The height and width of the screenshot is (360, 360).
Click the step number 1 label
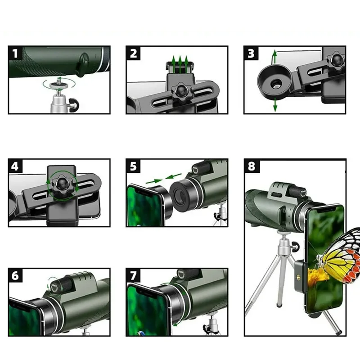pos(15,53)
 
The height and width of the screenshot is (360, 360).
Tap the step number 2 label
pos(133,53)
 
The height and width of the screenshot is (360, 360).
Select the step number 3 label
pos(251,53)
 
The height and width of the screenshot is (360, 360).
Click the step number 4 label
pos(15,166)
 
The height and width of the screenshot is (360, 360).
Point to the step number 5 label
pos(133,166)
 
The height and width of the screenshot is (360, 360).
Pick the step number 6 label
pos(15,275)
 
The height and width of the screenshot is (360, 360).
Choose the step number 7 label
pos(133,275)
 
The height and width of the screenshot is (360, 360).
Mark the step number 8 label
pos(252,166)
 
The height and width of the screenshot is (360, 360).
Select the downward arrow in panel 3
pos(275,105)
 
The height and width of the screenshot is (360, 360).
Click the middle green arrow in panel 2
pos(180,64)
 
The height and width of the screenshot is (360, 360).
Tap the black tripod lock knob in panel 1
pos(73,105)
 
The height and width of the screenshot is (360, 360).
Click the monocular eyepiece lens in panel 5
pos(180,196)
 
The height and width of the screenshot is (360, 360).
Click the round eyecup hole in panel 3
pos(276,84)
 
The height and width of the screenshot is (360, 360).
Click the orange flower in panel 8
pos(318,277)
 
